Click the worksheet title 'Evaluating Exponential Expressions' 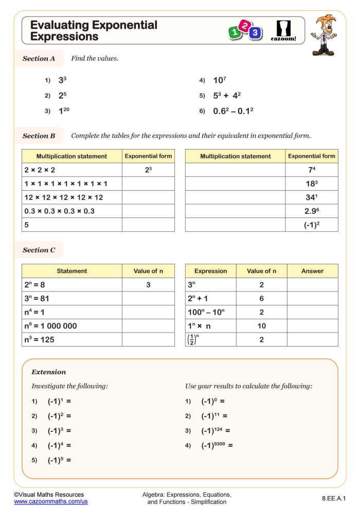94,30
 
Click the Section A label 39,59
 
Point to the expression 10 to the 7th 220,80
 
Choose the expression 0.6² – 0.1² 233,111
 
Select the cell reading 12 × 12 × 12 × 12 64,197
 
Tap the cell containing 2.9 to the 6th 312,211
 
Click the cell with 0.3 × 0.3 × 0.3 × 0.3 60,211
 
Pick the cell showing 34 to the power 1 312,197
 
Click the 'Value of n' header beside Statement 148,271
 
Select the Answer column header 312,271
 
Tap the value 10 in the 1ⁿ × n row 261,326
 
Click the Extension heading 49,372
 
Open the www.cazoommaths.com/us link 51,501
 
